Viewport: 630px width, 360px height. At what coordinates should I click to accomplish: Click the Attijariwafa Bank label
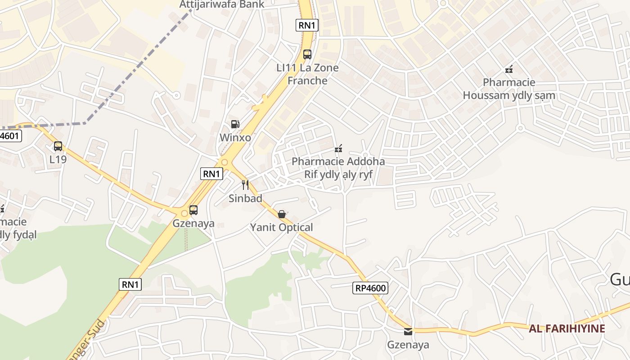coord(222,4)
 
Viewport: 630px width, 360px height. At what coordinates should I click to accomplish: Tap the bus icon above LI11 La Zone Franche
coord(307,54)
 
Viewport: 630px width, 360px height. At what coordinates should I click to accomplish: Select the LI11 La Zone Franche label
coord(307,74)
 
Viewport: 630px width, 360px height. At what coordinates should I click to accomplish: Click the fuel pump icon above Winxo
coord(235,124)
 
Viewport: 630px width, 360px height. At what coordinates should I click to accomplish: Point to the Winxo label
coord(235,137)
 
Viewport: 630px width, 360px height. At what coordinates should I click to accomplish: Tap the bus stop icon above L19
coord(58,146)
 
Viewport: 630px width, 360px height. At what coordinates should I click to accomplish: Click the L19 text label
coord(58,159)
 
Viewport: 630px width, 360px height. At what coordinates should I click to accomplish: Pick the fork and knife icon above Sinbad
coord(245,184)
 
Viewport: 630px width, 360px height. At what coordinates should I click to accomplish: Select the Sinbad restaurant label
coord(245,198)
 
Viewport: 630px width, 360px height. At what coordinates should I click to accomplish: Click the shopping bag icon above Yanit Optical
coord(282,214)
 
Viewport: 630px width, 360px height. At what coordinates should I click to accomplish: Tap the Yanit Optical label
coord(282,227)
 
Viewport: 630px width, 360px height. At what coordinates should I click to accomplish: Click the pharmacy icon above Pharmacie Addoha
coord(338,148)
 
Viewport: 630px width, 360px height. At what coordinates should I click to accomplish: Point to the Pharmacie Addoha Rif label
coord(338,168)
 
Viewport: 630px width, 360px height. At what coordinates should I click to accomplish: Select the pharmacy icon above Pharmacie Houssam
coord(509,69)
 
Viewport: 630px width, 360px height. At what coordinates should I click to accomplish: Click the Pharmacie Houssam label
coord(509,89)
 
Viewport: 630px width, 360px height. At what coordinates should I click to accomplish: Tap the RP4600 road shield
coord(370,288)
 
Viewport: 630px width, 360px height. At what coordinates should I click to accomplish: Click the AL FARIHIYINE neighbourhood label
coord(567,328)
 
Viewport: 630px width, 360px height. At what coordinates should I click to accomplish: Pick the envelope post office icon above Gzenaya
coord(408,332)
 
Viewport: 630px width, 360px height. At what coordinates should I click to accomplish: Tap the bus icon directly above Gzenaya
coord(193,210)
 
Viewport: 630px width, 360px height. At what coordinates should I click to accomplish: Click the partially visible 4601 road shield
coord(10,136)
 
